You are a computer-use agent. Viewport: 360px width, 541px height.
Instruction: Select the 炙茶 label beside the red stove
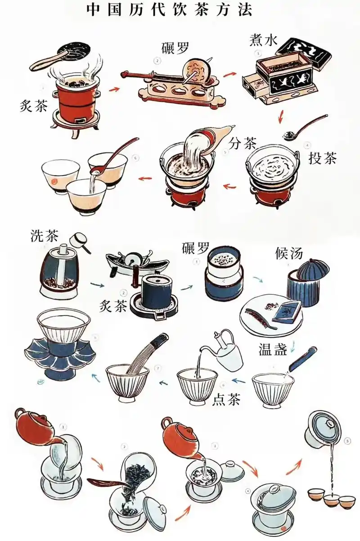tap(34, 106)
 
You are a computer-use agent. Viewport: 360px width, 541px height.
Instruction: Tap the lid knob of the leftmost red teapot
tap(20, 411)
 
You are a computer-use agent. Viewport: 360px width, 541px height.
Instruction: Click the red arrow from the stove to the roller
tap(114, 89)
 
